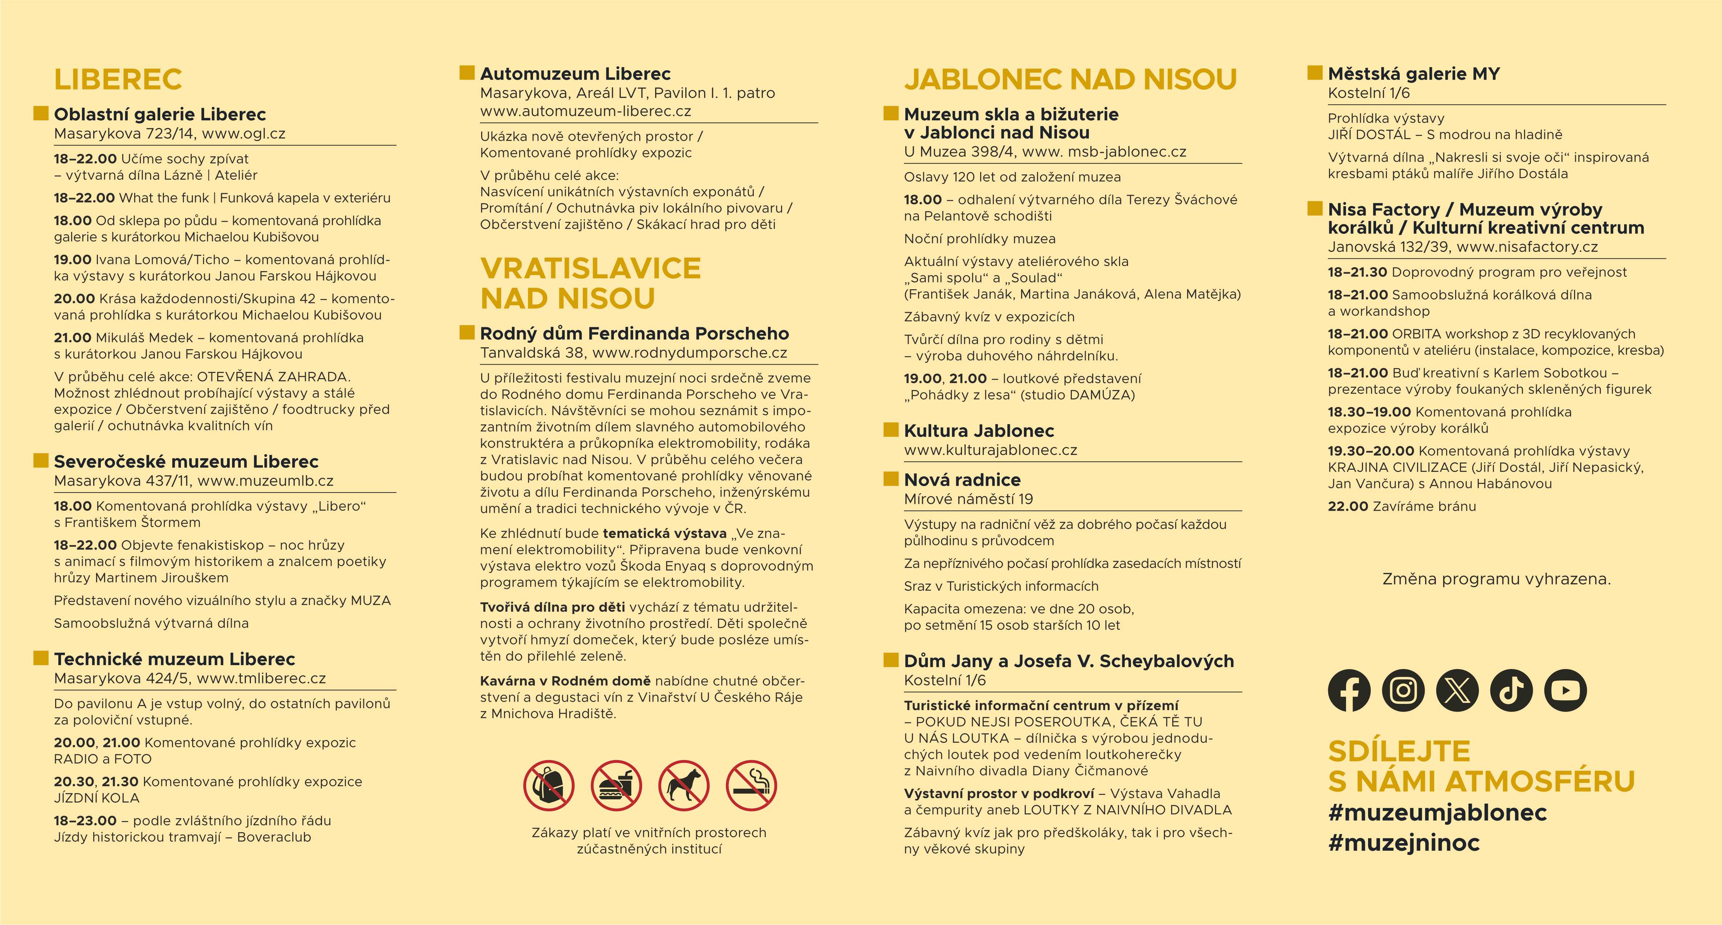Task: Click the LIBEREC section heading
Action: pyautogui.click(x=117, y=79)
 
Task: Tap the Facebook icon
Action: pyautogui.click(x=1349, y=690)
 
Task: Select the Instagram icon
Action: pyautogui.click(x=1403, y=690)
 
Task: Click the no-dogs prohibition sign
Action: pyautogui.click(x=683, y=785)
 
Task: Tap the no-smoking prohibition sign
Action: pyautogui.click(x=751, y=785)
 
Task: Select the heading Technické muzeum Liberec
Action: pyautogui.click(x=174, y=659)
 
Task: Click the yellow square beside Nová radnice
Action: pyautogui.click(x=891, y=478)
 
